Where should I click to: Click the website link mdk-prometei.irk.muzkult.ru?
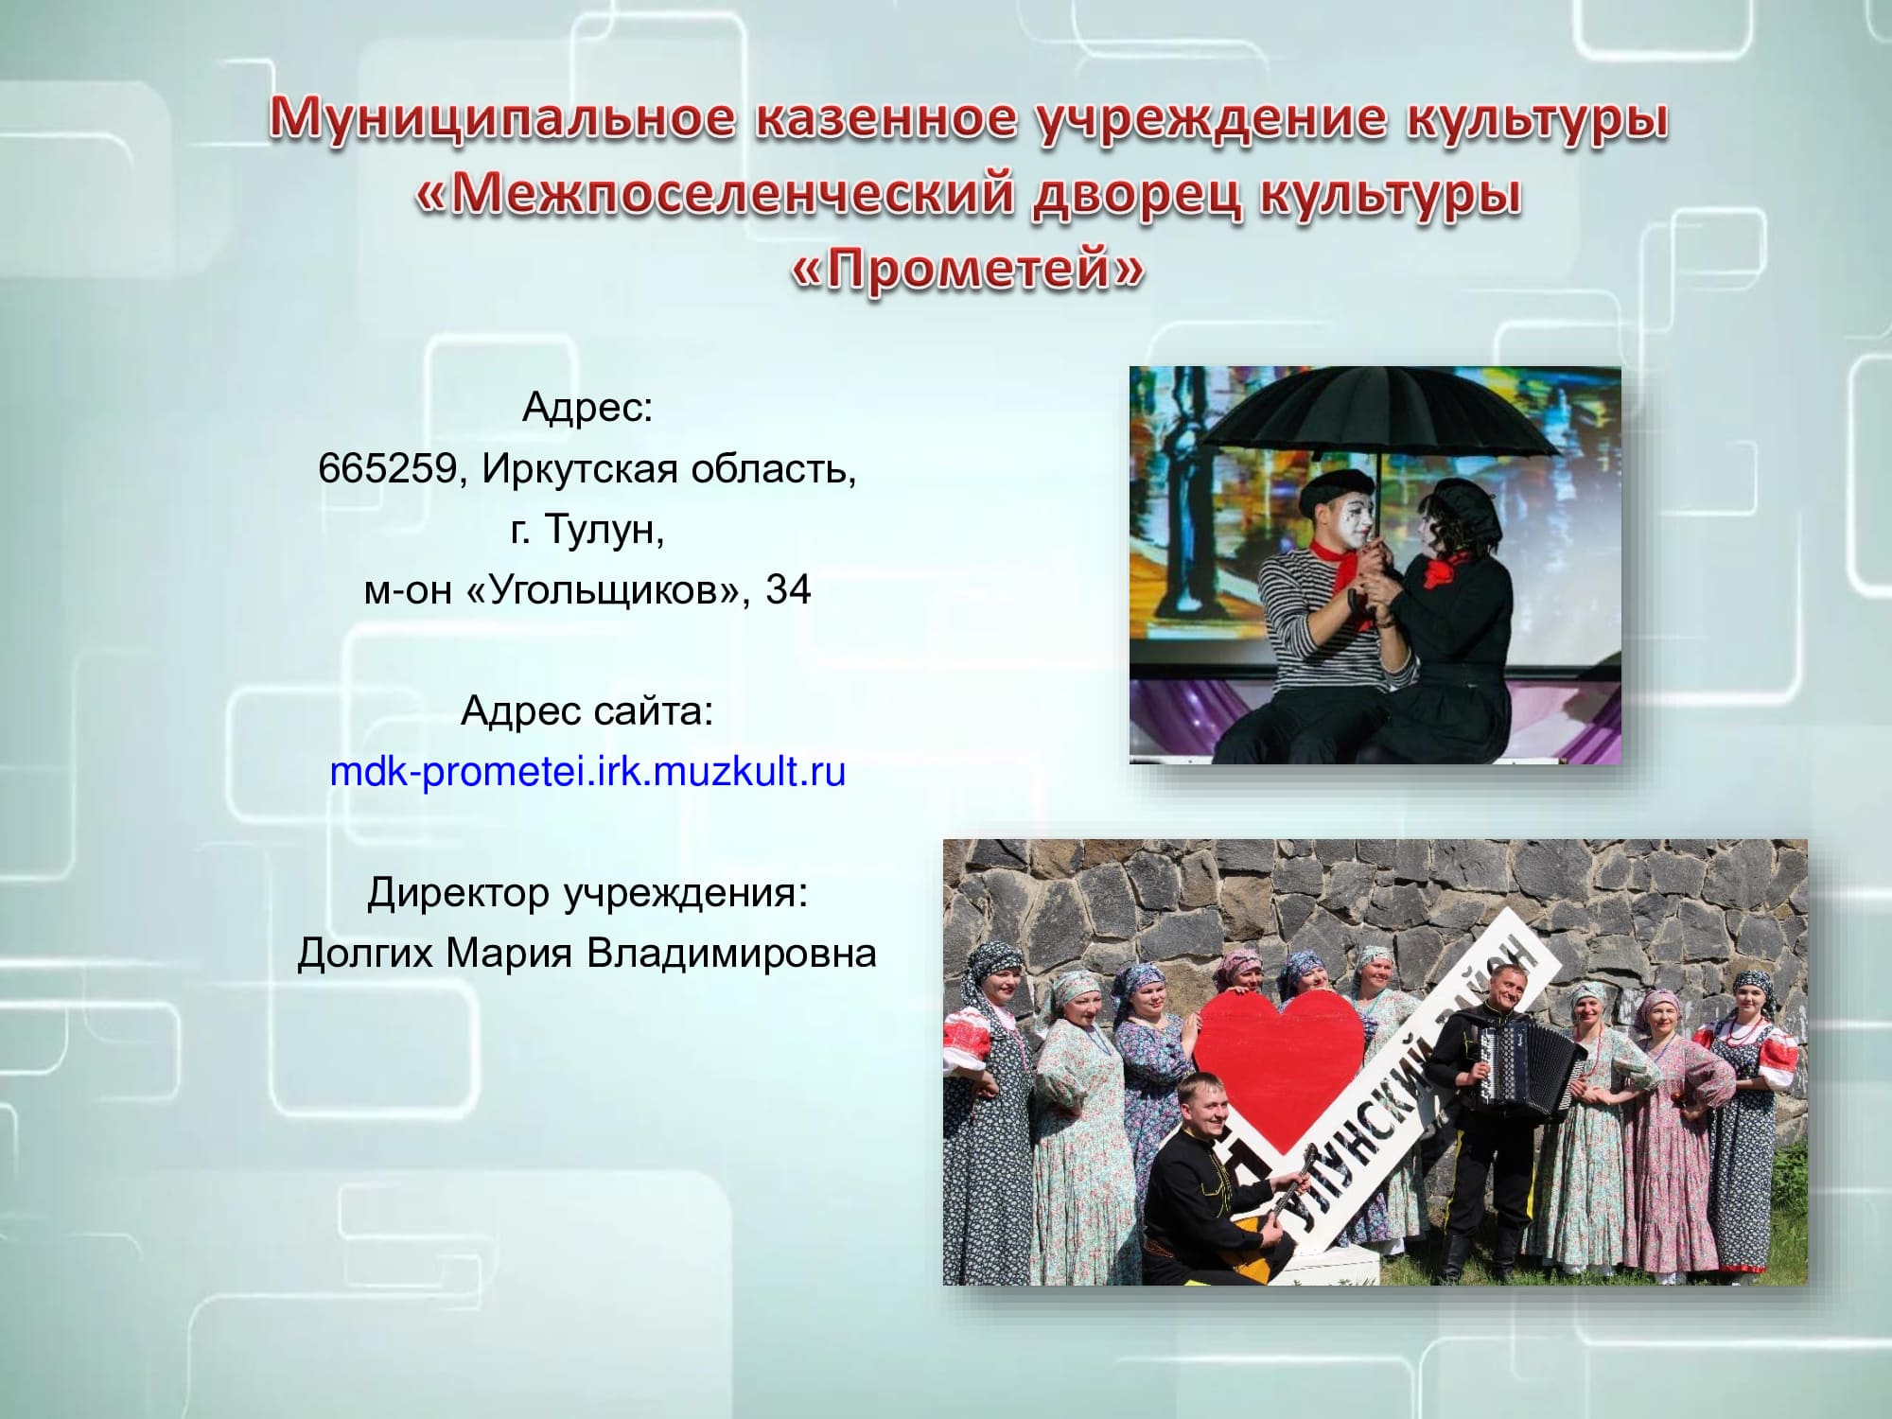point(587,772)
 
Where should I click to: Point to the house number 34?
point(788,590)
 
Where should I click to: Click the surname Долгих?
point(366,954)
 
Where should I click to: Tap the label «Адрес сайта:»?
point(587,711)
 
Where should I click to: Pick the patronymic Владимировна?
point(731,954)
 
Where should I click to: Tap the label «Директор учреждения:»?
point(587,893)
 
